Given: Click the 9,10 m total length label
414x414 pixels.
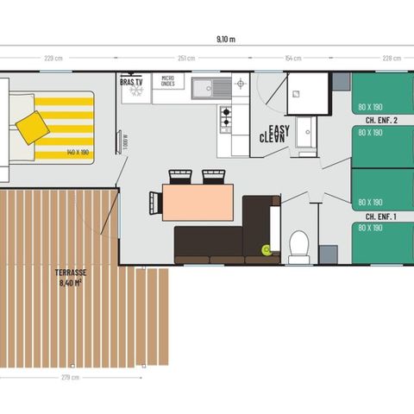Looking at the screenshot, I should point(227,39).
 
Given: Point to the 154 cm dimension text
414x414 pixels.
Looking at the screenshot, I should point(293,59).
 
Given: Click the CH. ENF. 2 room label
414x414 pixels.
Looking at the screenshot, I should point(381,120).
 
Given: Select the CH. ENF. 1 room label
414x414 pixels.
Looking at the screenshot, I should point(381,216).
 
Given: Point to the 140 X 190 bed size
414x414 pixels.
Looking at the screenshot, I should point(78,152).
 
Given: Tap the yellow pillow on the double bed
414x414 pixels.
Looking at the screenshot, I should point(33,127).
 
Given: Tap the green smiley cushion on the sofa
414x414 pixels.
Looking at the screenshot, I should point(267,249).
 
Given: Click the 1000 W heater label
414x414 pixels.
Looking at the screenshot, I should point(125,141).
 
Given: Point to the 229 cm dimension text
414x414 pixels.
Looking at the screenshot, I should point(53,59).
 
